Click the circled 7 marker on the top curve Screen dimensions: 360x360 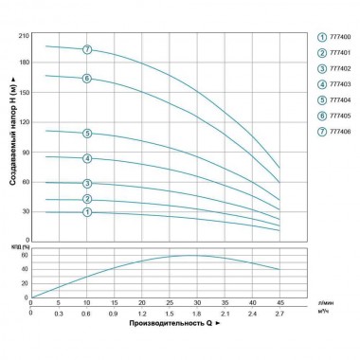87,49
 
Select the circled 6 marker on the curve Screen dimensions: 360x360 87,79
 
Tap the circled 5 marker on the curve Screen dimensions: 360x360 87,134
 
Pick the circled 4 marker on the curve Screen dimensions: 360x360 87,158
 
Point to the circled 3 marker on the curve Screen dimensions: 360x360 87,184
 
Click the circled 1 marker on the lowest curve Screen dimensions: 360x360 87,212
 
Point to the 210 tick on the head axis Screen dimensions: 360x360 24,34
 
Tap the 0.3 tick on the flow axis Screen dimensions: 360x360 59,313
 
